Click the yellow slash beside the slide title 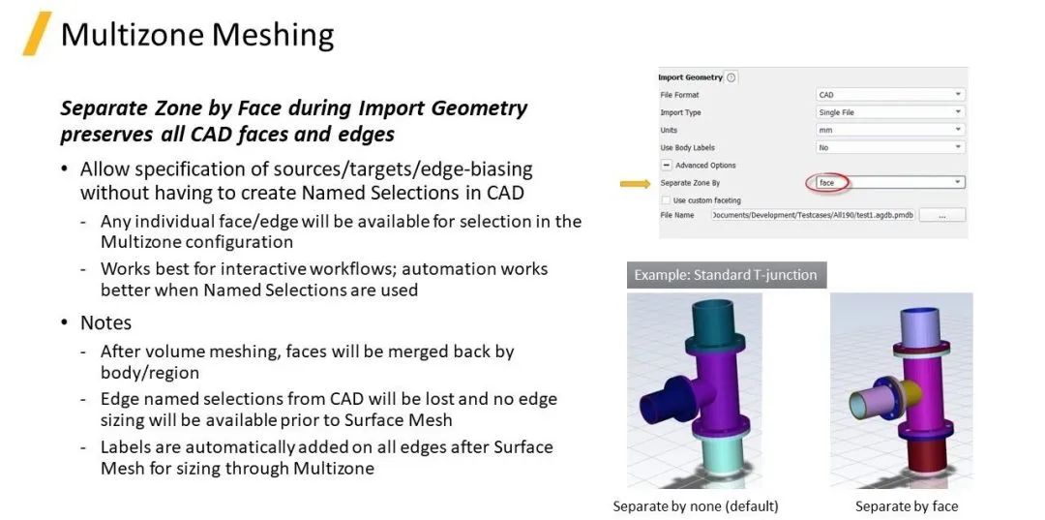[37, 33]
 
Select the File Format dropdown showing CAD [890, 95]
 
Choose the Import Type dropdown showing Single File [890, 112]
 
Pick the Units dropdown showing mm [890, 130]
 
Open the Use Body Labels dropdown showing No [890, 147]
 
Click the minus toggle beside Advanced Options [666, 165]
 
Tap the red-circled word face [826, 182]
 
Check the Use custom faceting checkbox [666, 200]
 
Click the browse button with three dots [941, 215]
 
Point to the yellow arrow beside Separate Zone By [635, 183]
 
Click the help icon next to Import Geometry [731, 77]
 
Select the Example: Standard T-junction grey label [727, 275]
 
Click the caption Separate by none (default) [695, 506]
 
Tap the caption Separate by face [907, 506]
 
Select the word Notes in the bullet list [106, 322]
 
